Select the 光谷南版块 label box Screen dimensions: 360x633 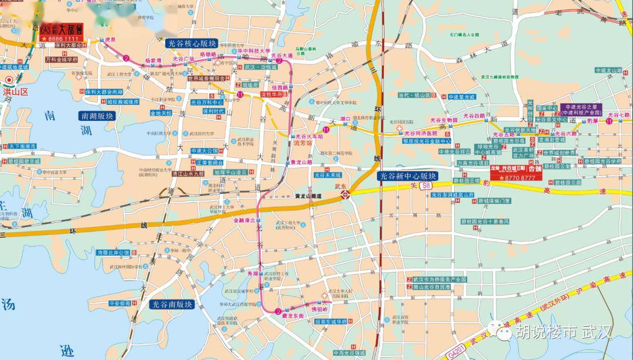(172, 304)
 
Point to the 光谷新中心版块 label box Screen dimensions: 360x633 (407, 176)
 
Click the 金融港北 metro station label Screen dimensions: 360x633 (244, 220)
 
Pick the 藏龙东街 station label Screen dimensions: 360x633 (293, 316)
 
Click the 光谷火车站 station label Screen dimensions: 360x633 (309, 135)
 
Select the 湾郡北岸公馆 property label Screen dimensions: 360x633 (113, 253)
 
